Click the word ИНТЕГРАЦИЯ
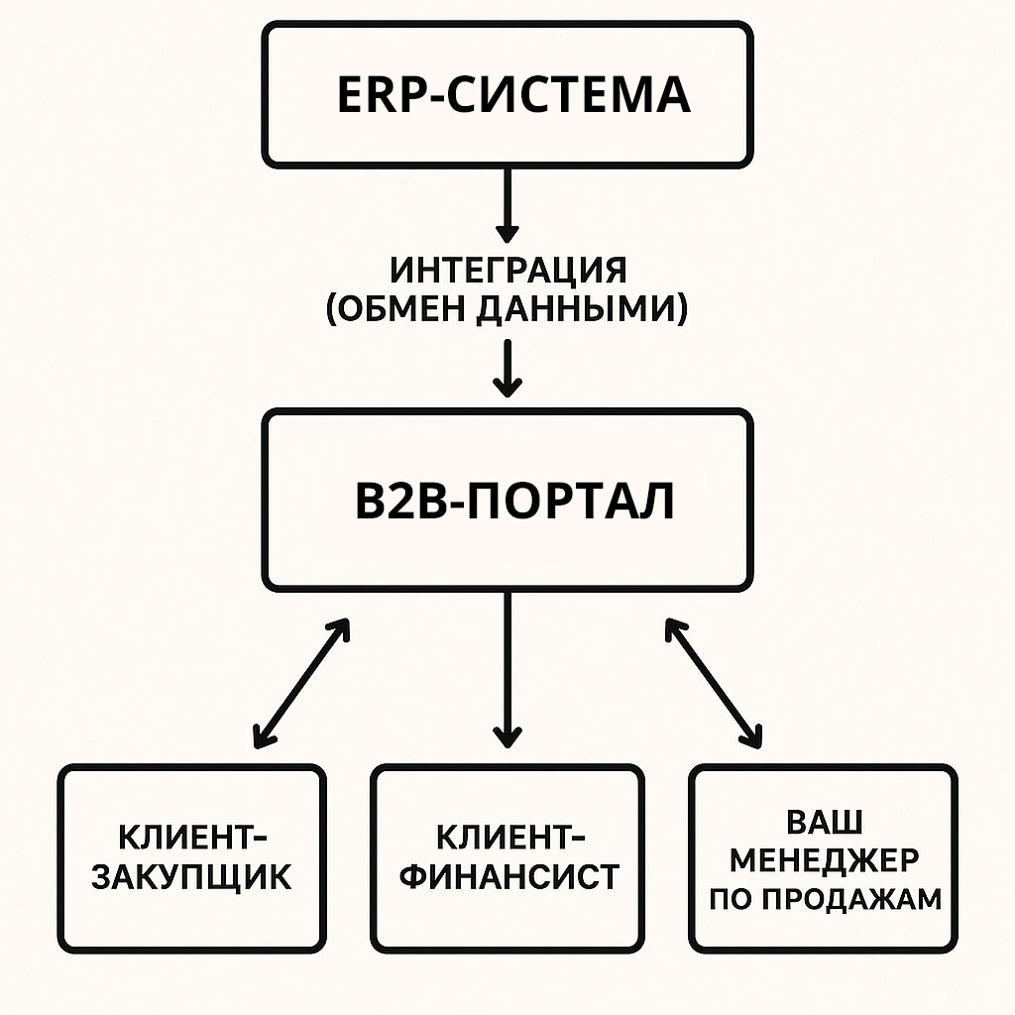[x=508, y=270]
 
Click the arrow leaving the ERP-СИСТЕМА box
[x=507, y=205]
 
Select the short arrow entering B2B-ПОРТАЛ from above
[x=507, y=369]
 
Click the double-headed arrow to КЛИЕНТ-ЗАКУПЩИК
[x=301, y=684]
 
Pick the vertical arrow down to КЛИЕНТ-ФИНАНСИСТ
[x=507, y=670]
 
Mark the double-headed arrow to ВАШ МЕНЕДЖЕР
[x=714, y=684]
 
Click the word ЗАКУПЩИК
[x=191, y=878]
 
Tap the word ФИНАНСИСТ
[x=509, y=876]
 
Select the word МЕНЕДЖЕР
[x=824, y=859]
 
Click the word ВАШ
[x=825, y=822]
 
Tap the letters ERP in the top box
[x=380, y=95]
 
